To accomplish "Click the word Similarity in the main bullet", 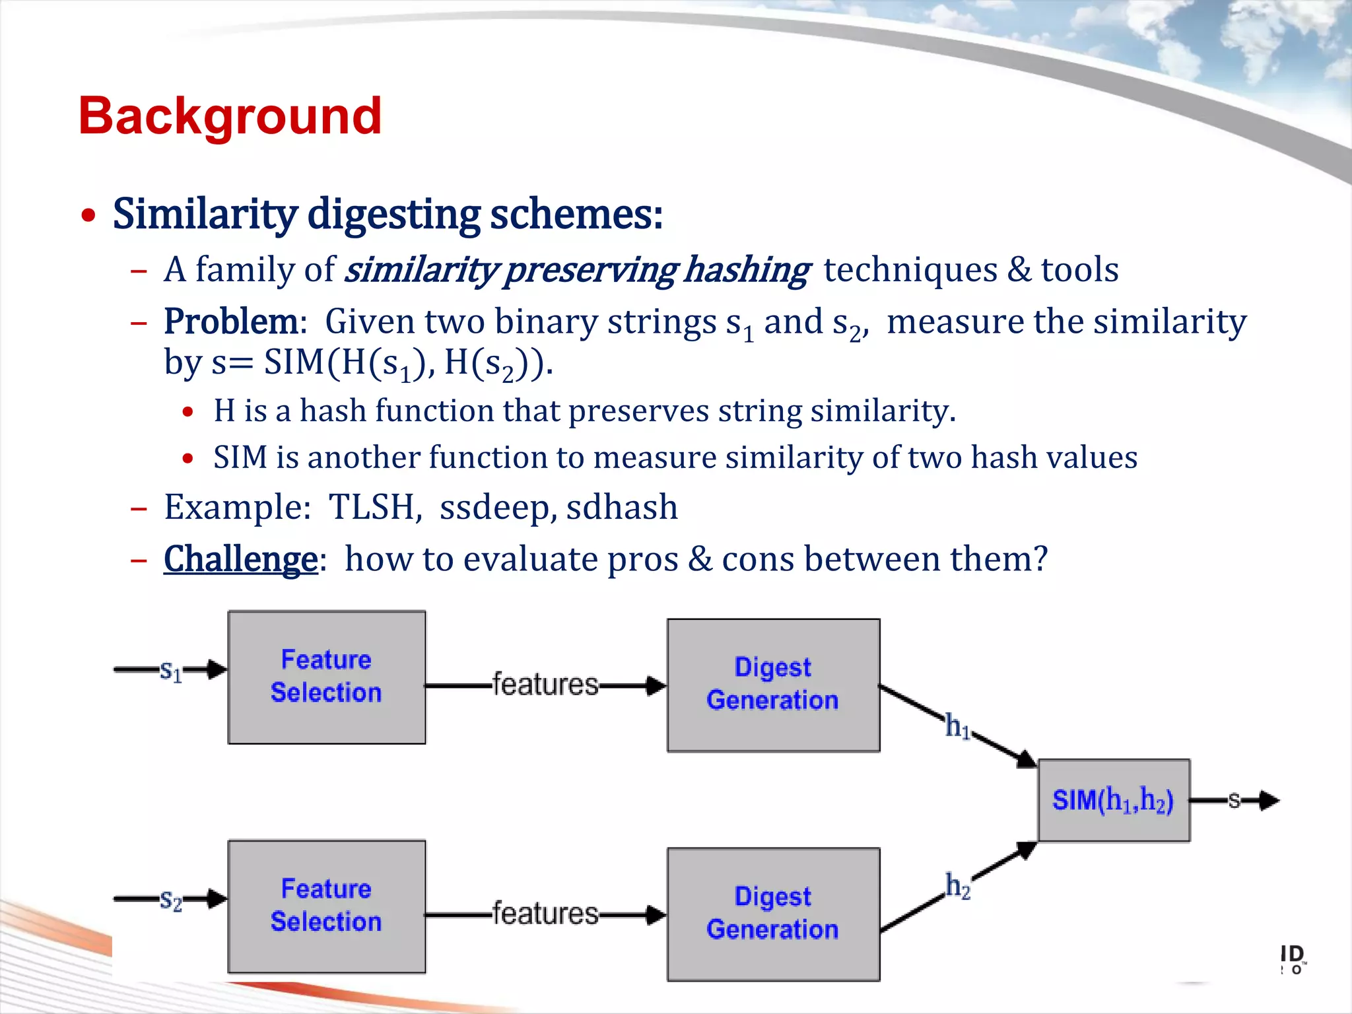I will pyautogui.click(x=205, y=215).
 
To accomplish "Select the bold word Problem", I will pyautogui.click(x=231, y=322).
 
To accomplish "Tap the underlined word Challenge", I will pyautogui.click(x=240, y=559).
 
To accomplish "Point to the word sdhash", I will pyautogui.click(x=622, y=508).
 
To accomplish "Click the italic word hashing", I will pyautogui.click(x=746, y=270).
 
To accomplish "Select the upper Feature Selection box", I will pyautogui.click(x=326, y=677).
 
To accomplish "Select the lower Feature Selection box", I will pyautogui.click(x=326, y=906).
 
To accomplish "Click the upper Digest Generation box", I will pyautogui.click(x=773, y=685).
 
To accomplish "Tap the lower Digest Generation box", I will pyautogui.click(x=773, y=914).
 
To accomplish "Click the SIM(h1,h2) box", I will pyautogui.click(x=1114, y=800).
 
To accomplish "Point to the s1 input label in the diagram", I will pyautogui.click(x=170, y=671).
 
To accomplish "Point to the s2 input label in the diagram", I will pyautogui.click(x=170, y=900).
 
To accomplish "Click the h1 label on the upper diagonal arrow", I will pyautogui.click(x=957, y=726).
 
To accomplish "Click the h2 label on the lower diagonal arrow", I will pyautogui.click(x=958, y=886).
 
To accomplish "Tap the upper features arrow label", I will pyautogui.click(x=545, y=685).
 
